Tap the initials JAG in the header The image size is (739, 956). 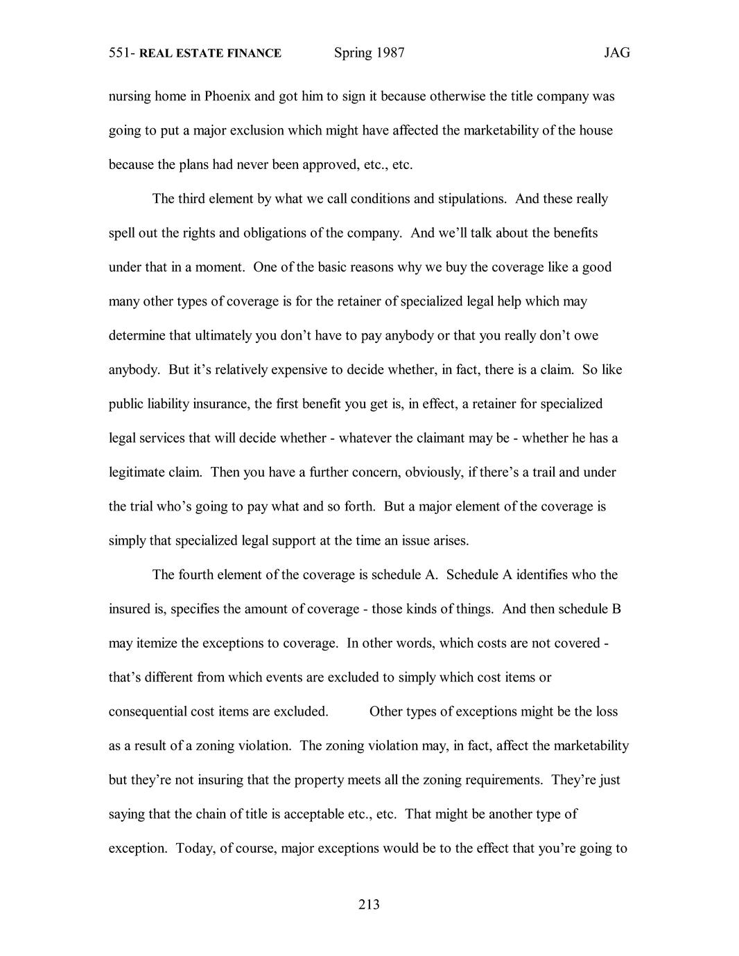616,53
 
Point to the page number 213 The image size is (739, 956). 369,904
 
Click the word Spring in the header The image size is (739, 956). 353,53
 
